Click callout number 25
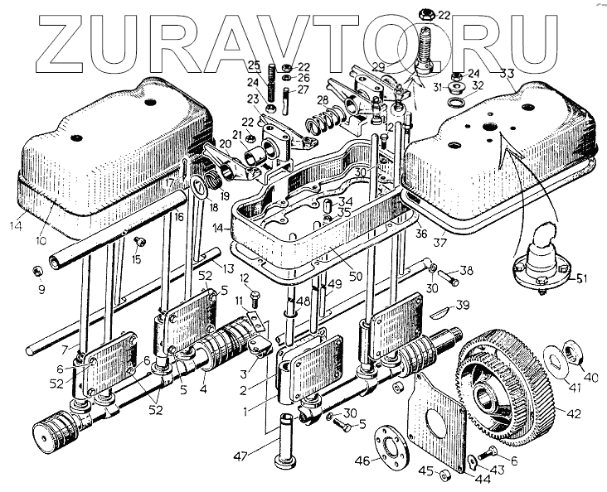254,65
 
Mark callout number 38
468,271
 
